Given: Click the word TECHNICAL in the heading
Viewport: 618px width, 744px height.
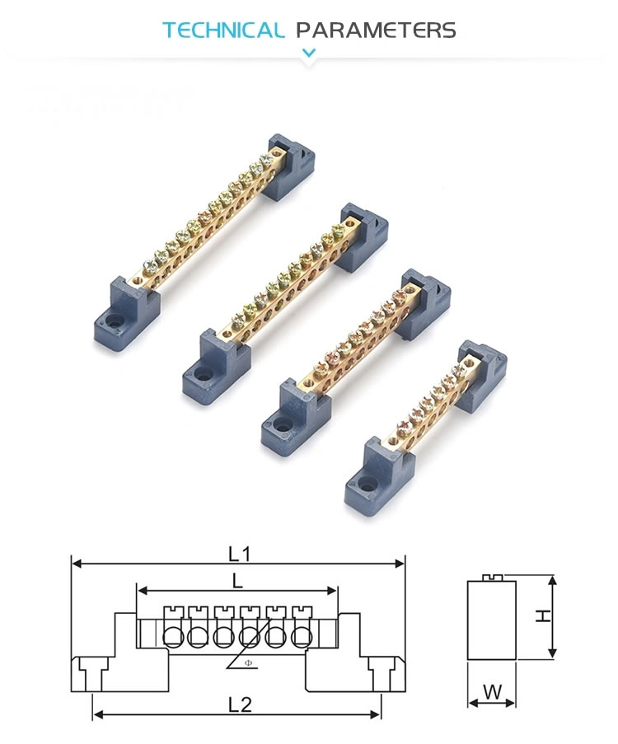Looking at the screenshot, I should pos(222,30).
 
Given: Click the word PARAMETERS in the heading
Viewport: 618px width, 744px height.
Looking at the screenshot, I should pos(376,30).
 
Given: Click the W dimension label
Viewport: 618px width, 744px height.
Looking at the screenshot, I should pos(492,692).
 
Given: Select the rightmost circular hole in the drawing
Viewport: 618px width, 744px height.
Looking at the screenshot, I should pos(302,637).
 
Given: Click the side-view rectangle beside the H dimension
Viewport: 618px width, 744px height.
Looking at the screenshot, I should pos(491,622).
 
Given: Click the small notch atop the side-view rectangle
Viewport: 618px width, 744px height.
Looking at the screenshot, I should pos(491,578).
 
